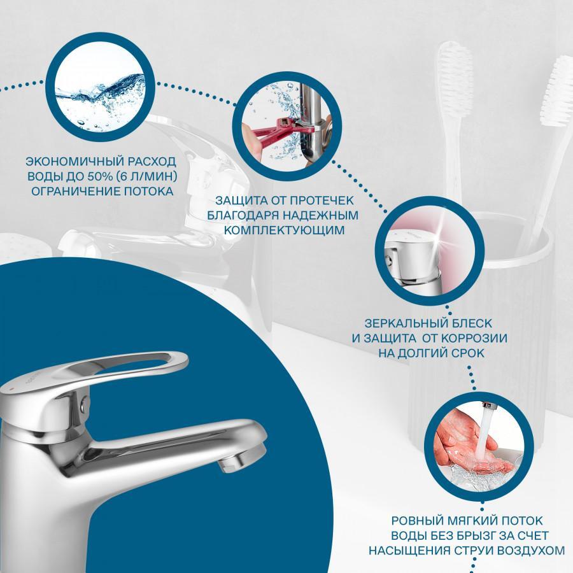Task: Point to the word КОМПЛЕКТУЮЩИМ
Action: [285, 230]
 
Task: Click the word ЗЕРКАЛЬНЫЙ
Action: [406, 323]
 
